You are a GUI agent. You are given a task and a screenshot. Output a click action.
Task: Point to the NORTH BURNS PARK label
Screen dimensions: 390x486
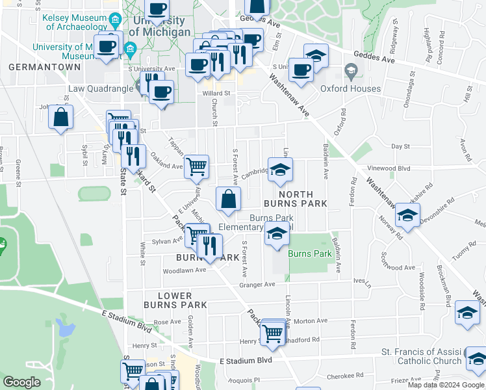(296, 199)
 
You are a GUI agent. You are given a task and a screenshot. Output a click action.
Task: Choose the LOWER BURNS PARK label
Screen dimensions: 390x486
(175, 300)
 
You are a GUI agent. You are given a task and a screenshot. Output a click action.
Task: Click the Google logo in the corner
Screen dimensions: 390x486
(21, 382)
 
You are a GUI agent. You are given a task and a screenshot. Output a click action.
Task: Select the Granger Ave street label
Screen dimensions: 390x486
(257, 285)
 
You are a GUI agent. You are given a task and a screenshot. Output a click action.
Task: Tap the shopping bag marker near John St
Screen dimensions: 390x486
(60, 118)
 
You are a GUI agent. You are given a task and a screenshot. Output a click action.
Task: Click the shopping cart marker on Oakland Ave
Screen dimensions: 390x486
(196, 166)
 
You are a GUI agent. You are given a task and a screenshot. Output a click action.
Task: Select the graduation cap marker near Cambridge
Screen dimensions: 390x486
(280, 170)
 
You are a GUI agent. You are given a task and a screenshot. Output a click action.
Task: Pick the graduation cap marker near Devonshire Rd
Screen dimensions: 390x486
(407, 216)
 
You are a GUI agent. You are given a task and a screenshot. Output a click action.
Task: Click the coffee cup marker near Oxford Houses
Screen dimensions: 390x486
(301, 70)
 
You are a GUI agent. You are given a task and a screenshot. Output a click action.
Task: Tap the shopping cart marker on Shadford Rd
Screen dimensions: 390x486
(273, 333)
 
